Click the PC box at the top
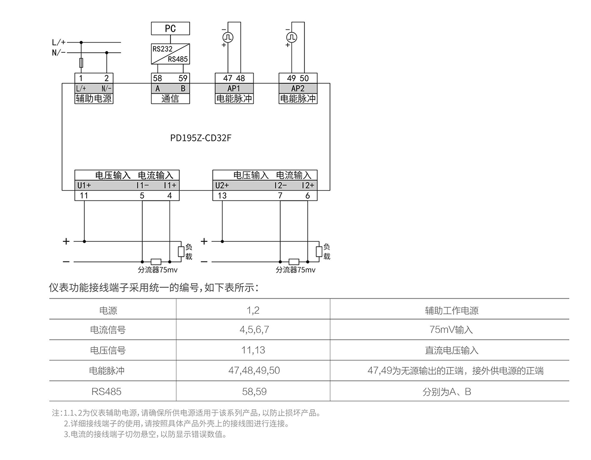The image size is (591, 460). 170,29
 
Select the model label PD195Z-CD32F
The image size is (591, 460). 200,137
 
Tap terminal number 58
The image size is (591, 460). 157,78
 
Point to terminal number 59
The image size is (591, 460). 183,78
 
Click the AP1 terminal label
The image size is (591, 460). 234,88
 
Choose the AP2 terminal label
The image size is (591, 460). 298,88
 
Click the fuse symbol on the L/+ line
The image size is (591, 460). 81,63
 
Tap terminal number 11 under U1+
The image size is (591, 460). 84,196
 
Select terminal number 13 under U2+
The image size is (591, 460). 222,196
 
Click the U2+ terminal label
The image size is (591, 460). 222,186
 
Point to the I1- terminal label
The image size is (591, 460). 143,186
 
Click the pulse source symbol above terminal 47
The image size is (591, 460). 228,37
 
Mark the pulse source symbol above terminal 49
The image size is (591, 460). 292,37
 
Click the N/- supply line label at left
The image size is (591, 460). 59,52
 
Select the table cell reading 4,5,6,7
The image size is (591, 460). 253,330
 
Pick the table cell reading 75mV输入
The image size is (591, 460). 451,330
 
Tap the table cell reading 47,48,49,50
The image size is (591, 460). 253,371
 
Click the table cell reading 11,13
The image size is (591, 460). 253,350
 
